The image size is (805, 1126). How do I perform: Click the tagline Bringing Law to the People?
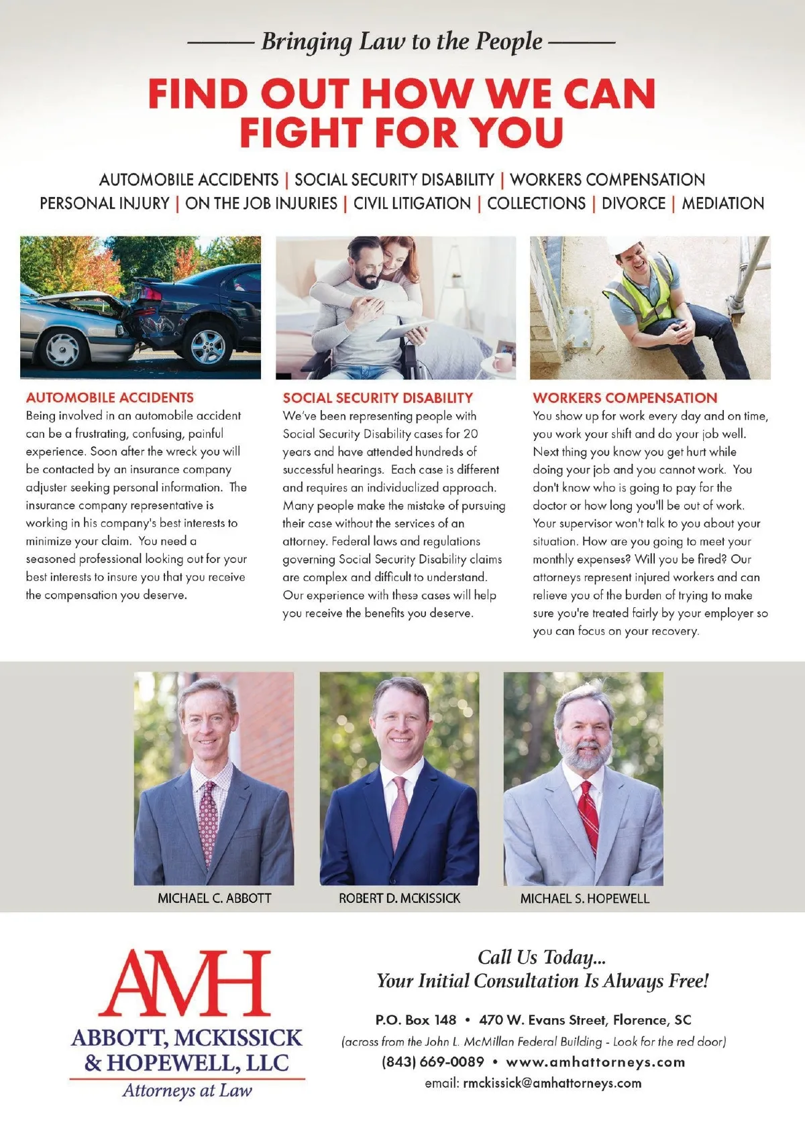(x=401, y=42)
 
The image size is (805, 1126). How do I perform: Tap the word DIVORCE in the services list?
(x=633, y=203)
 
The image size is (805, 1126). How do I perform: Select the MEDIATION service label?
(x=722, y=203)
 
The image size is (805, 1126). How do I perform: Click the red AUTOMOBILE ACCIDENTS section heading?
(x=110, y=397)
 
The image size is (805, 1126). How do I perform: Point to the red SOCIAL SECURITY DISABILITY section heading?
(x=378, y=397)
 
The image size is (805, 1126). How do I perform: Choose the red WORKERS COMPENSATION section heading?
(x=625, y=397)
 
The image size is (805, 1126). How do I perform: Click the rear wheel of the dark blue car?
(x=208, y=345)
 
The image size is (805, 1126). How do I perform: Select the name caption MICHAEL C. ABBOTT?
(x=215, y=898)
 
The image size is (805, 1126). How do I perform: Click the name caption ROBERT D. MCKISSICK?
(x=400, y=898)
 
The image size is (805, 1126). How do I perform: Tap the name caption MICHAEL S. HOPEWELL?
(x=585, y=898)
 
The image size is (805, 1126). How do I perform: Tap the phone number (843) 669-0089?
(x=433, y=1062)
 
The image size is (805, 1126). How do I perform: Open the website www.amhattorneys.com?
(x=596, y=1062)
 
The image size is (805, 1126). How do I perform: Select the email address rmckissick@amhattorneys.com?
(x=551, y=1083)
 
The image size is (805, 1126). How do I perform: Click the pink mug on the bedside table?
(x=500, y=363)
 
